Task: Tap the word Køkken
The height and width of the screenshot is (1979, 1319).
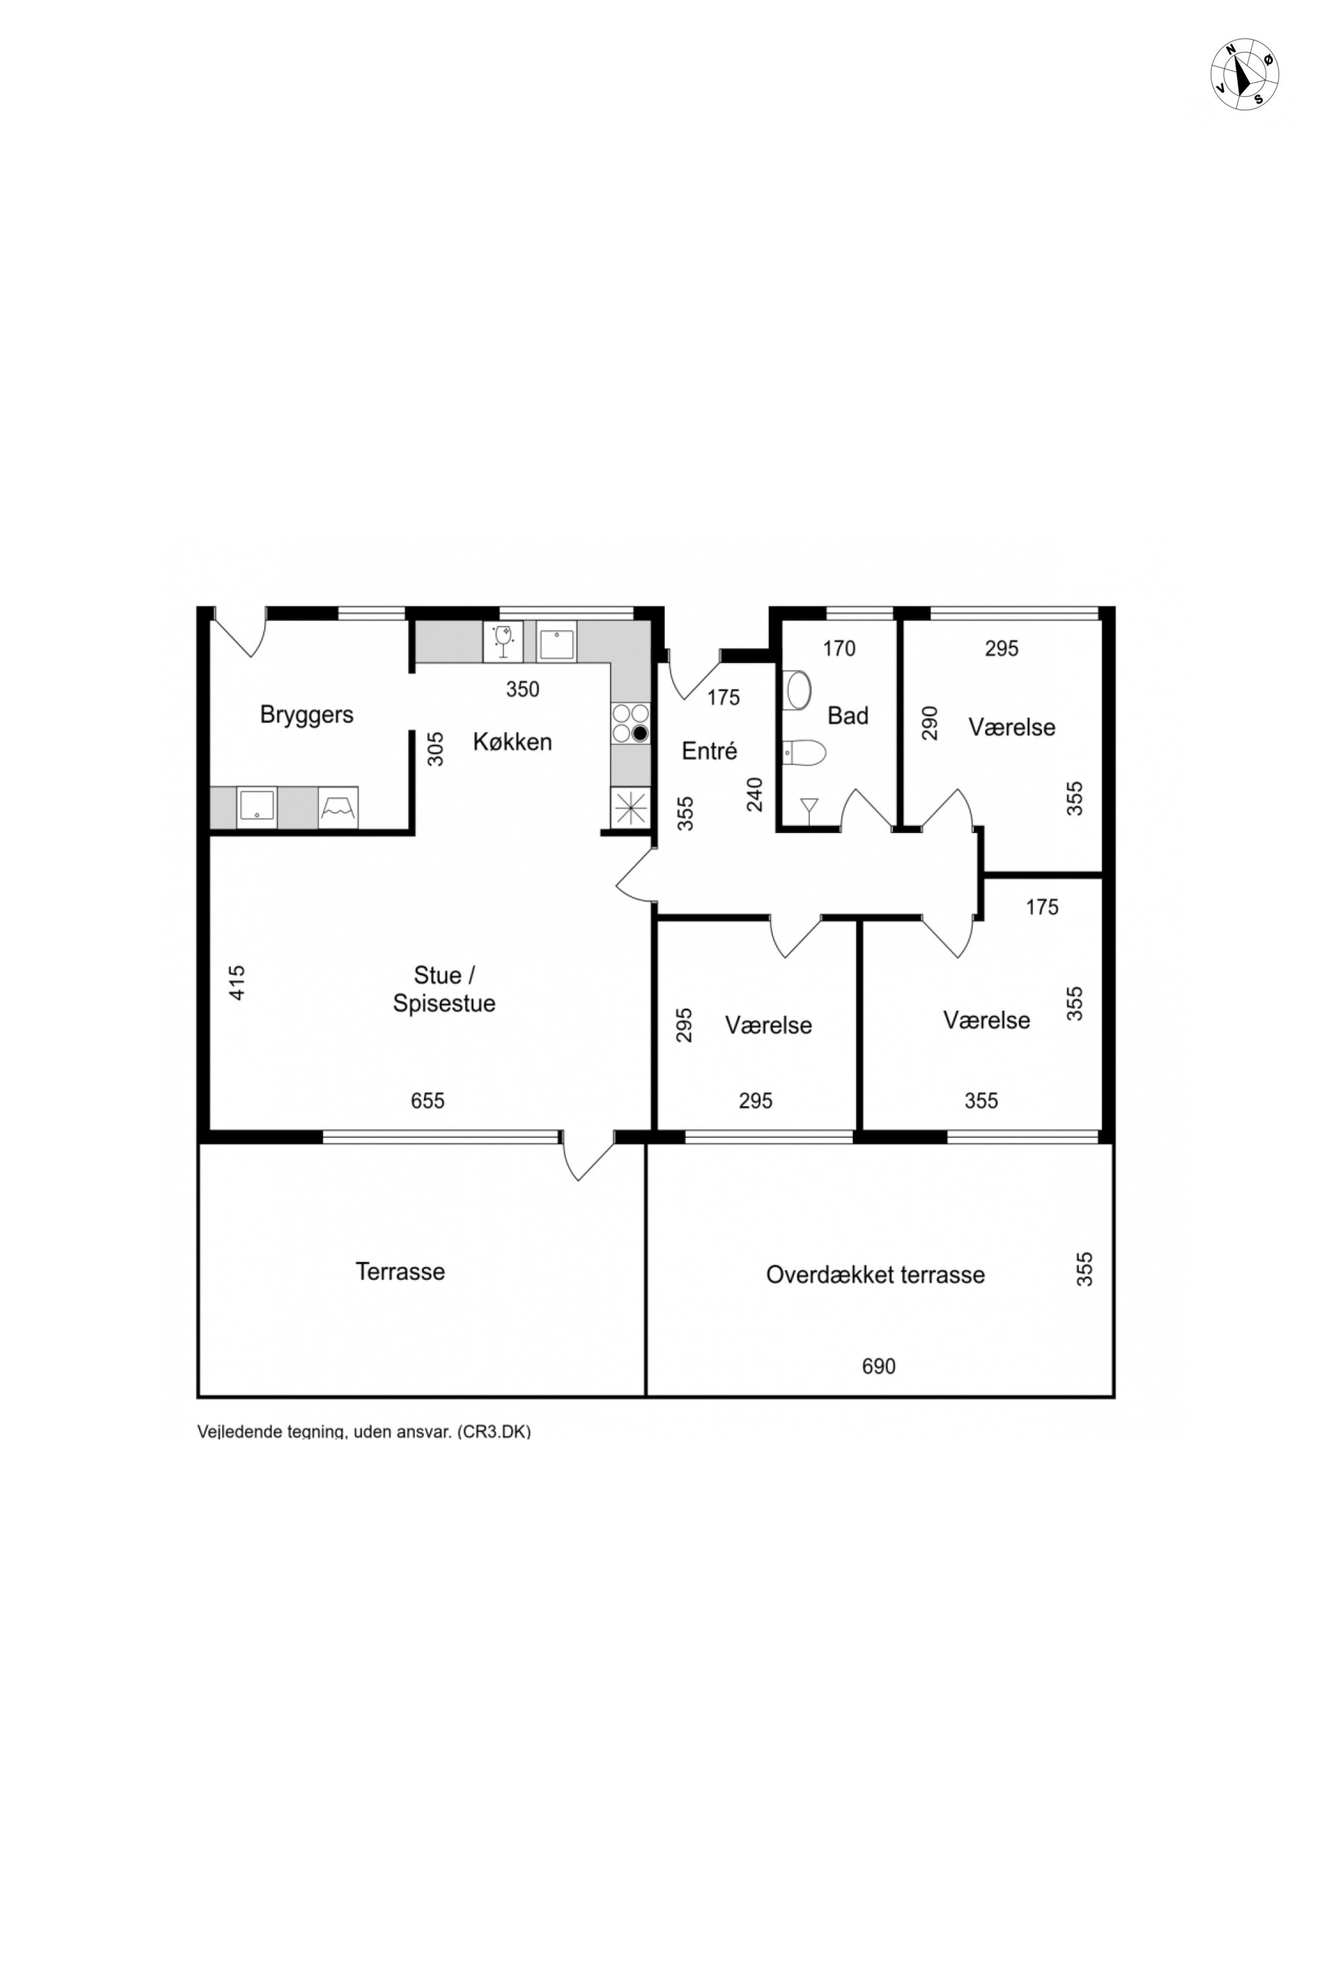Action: pos(512,742)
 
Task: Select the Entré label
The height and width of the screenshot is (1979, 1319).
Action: pos(709,751)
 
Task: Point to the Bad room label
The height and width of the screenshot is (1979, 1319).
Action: pos(848,716)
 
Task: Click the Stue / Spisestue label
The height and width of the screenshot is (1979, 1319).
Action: pos(444,989)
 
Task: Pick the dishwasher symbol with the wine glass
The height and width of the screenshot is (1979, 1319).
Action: pos(503,642)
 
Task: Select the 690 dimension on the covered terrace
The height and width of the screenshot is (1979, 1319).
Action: pos(878,1366)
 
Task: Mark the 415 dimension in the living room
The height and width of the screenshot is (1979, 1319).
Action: pos(237,983)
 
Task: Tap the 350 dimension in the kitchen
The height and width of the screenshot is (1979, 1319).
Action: pos(522,689)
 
